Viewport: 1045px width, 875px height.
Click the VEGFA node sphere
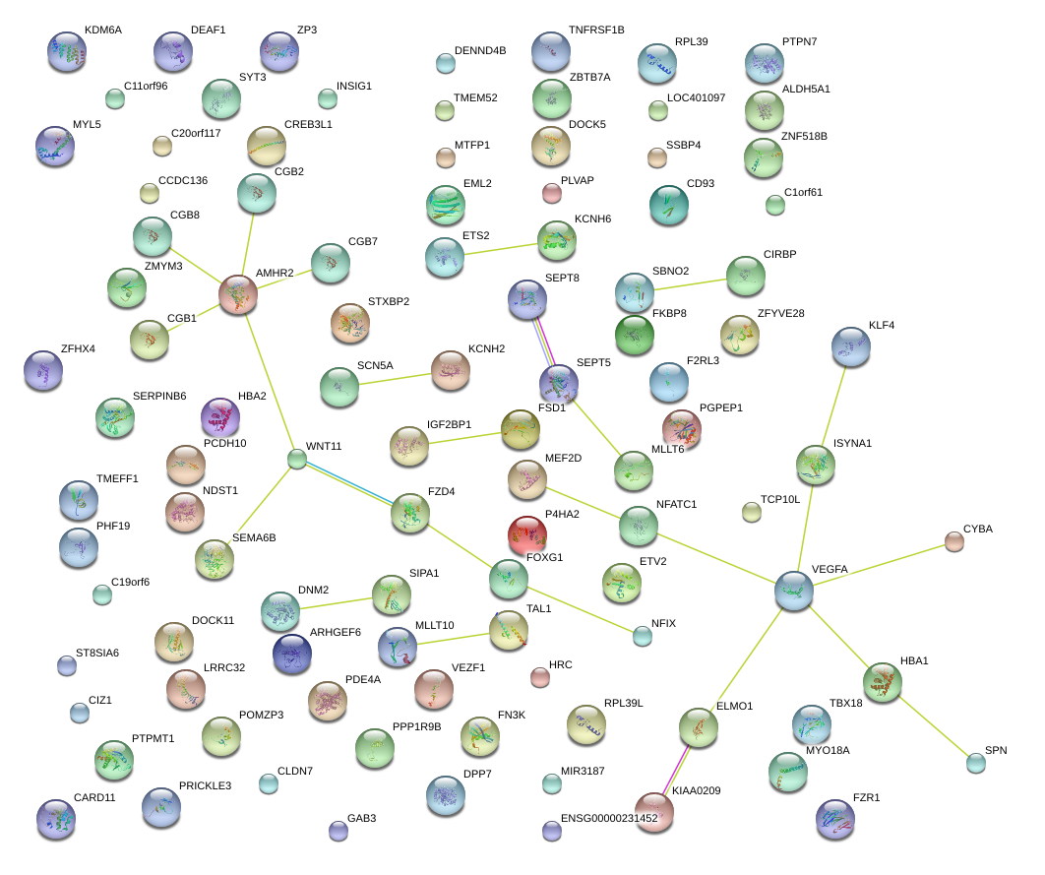click(x=794, y=590)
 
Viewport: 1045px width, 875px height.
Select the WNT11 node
click(x=297, y=458)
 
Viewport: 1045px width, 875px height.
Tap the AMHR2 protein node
click(x=237, y=294)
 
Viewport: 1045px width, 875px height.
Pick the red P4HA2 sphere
click(x=526, y=534)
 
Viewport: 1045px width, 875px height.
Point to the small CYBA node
click(x=953, y=540)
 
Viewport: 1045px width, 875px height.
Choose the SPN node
click(x=975, y=761)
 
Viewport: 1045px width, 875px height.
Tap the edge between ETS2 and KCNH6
click(x=500, y=246)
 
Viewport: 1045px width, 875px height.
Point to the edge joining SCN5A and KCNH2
click(x=395, y=377)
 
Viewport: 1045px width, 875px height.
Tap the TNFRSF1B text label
click(x=596, y=31)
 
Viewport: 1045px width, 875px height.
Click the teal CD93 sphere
click(x=669, y=204)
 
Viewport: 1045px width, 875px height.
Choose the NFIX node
click(x=643, y=636)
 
